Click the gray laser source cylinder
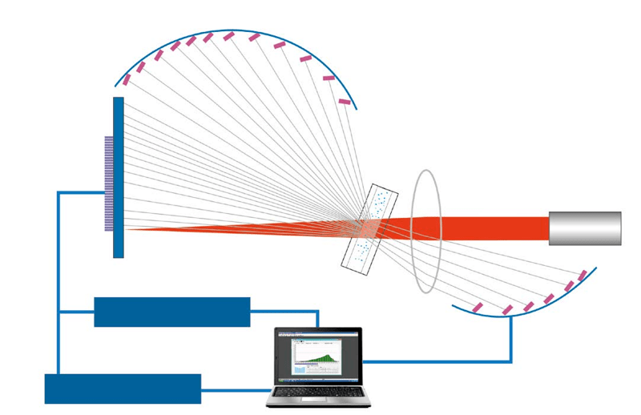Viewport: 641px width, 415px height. tap(585, 228)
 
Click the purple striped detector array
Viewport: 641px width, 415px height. tap(109, 183)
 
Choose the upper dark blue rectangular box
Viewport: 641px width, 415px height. tap(172, 312)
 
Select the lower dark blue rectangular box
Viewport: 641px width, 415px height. tap(123, 389)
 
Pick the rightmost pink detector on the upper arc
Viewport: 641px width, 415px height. tap(345, 102)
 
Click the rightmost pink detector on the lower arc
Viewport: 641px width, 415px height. tap(583, 276)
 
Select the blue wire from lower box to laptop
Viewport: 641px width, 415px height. tap(236, 390)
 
